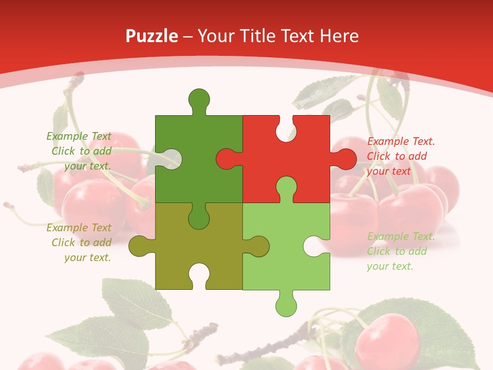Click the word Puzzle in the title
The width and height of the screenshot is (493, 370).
click(x=152, y=36)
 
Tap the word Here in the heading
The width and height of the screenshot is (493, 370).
click(x=338, y=36)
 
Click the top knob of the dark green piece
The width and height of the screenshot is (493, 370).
click(x=199, y=99)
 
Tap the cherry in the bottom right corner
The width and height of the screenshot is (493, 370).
click(x=388, y=339)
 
